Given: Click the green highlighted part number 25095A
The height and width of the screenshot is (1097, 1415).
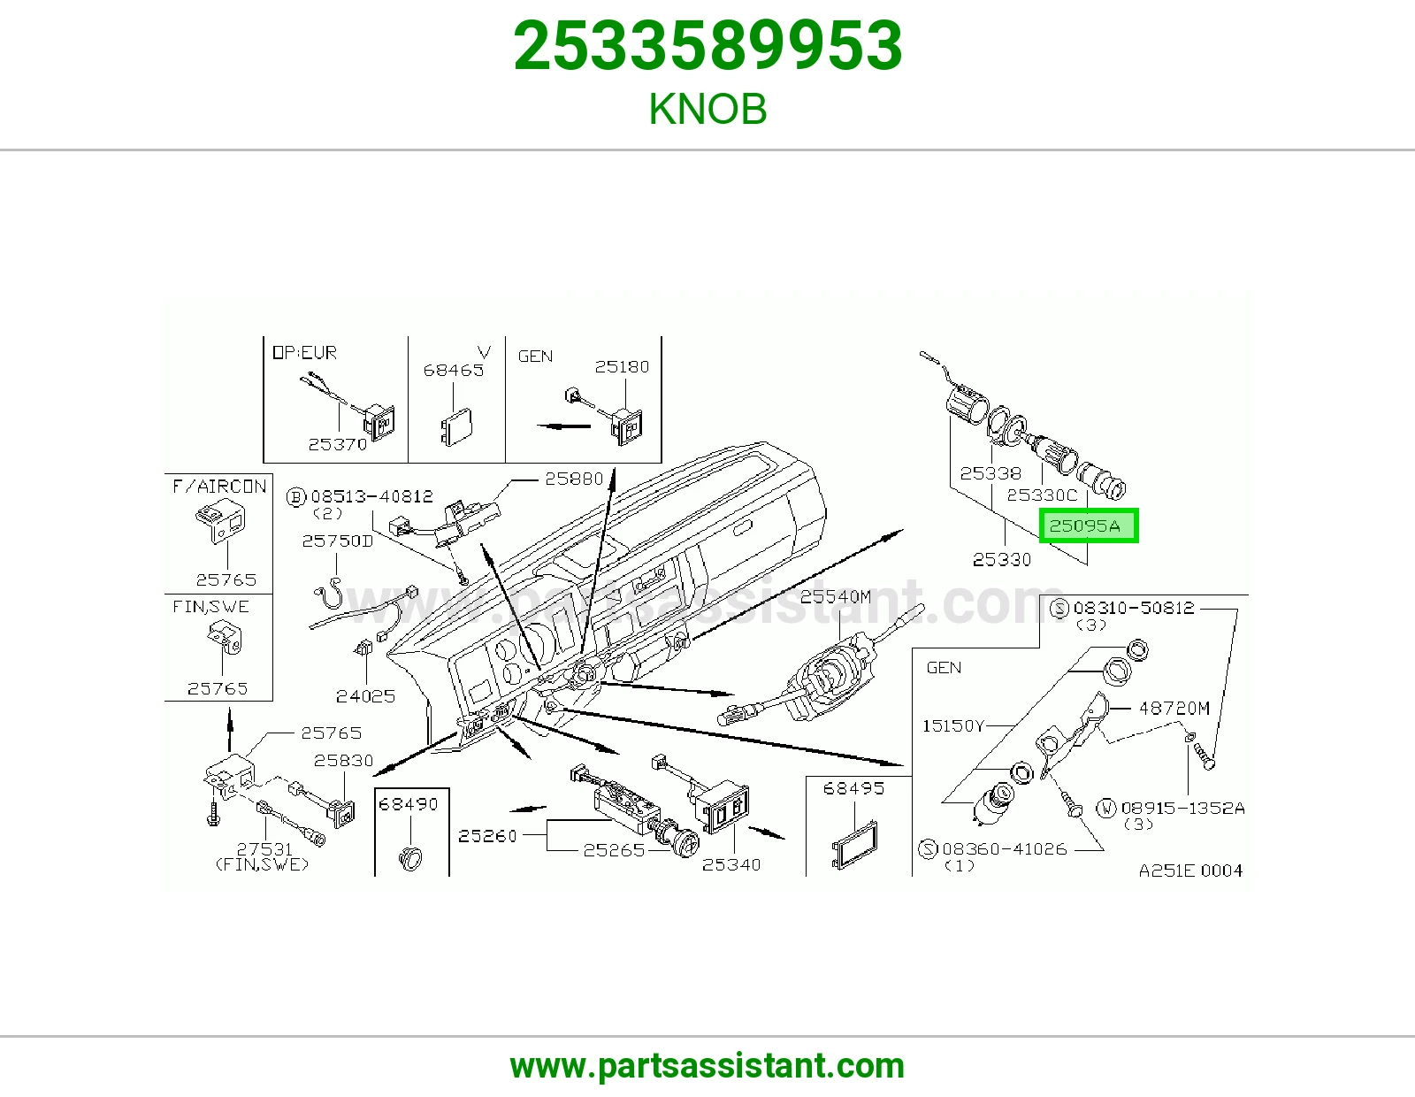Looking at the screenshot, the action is pyautogui.click(x=1084, y=525).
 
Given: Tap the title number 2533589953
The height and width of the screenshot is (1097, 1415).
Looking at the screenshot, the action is pyautogui.click(x=707, y=46).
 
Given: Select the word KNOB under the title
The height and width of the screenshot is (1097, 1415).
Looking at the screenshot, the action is pyautogui.click(x=707, y=109).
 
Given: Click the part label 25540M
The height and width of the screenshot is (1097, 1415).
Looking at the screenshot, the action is pyautogui.click(x=836, y=596).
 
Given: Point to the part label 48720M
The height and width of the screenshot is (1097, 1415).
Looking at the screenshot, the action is pyautogui.click(x=1174, y=708).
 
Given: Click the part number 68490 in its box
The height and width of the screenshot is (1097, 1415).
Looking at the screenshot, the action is pyautogui.click(x=409, y=804).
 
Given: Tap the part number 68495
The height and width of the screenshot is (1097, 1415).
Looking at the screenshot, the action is pyautogui.click(x=853, y=788).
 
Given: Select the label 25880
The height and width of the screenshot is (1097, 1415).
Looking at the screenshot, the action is pyautogui.click(x=574, y=479).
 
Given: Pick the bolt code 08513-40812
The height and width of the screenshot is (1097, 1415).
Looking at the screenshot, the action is pyautogui.click(x=371, y=496).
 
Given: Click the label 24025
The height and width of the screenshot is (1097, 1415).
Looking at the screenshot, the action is pyautogui.click(x=365, y=696).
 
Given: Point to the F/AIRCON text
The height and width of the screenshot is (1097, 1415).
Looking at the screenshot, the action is pyautogui.click(x=219, y=487).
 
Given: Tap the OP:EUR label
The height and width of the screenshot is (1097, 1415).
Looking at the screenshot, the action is pyautogui.click(x=304, y=352).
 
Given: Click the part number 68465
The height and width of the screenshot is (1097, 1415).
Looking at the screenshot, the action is pyautogui.click(x=454, y=370).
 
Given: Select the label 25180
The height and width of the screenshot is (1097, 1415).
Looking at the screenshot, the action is pyautogui.click(x=622, y=367).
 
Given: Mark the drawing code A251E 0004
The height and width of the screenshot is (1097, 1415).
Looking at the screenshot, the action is pyautogui.click(x=1190, y=871).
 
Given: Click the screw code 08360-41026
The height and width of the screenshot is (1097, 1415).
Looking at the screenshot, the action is pyautogui.click(x=1005, y=848).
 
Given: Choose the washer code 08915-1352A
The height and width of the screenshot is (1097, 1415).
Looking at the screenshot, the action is pyautogui.click(x=1182, y=809).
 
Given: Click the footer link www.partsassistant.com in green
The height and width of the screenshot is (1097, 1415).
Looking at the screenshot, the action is pyautogui.click(x=707, y=1066).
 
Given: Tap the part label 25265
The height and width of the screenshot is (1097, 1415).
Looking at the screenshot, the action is pyautogui.click(x=614, y=850).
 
